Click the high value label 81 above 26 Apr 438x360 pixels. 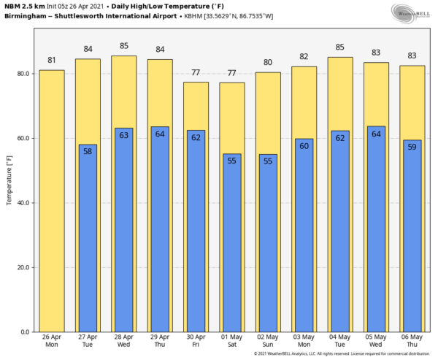[51, 61]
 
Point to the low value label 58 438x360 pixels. [88, 151]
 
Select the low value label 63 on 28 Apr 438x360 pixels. [123, 135]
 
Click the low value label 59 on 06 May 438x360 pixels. [412, 147]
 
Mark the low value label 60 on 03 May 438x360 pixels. [304, 145]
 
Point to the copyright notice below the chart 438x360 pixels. [343, 354]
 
